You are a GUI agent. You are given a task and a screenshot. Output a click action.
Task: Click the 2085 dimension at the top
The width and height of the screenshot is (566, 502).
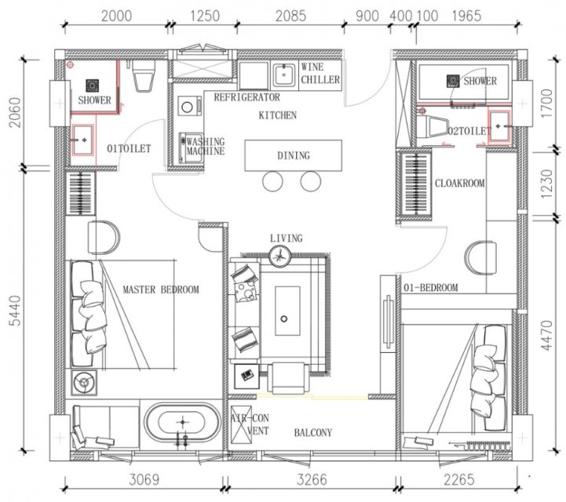[x=290, y=16]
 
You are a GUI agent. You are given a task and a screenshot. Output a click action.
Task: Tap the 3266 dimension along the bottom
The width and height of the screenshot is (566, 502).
[x=312, y=479]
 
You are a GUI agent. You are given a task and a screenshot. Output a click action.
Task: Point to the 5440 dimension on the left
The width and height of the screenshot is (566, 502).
[x=15, y=310]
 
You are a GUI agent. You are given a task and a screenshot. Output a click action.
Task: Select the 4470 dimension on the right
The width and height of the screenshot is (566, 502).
[x=547, y=335]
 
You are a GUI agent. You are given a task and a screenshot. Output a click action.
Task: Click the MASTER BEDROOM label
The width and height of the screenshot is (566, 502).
[x=161, y=289]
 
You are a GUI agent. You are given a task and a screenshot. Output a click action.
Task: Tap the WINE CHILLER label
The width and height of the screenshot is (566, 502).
[x=320, y=73]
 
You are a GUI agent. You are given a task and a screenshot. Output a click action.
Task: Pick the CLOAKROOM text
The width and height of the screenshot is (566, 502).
[x=459, y=184]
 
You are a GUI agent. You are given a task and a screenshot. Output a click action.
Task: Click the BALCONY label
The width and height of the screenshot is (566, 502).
[x=313, y=432]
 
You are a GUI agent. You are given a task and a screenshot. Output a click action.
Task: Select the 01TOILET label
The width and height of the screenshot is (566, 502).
[x=129, y=148]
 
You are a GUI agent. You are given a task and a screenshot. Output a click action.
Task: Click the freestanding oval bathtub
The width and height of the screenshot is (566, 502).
[x=183, y=422]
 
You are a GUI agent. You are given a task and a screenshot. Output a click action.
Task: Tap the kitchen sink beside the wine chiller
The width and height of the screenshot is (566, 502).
[x=284, y=75]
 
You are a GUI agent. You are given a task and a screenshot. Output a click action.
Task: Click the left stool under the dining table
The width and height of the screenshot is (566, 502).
[x=272, y=181]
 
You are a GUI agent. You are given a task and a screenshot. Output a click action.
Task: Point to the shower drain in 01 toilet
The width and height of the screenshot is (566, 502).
[x=93, y=85]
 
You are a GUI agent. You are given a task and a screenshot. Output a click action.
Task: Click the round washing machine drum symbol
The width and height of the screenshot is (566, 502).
[x=187, y=107]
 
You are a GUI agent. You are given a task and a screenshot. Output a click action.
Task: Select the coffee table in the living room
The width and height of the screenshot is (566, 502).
[x=287, y=311]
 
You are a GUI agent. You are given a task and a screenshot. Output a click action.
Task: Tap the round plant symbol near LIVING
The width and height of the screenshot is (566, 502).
[x=279, y=256]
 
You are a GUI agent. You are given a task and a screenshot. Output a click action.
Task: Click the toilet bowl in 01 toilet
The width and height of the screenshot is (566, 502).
[x=144, y=76]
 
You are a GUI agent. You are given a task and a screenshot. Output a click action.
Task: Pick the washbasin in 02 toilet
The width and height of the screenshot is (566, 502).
[x=499, y=126]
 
